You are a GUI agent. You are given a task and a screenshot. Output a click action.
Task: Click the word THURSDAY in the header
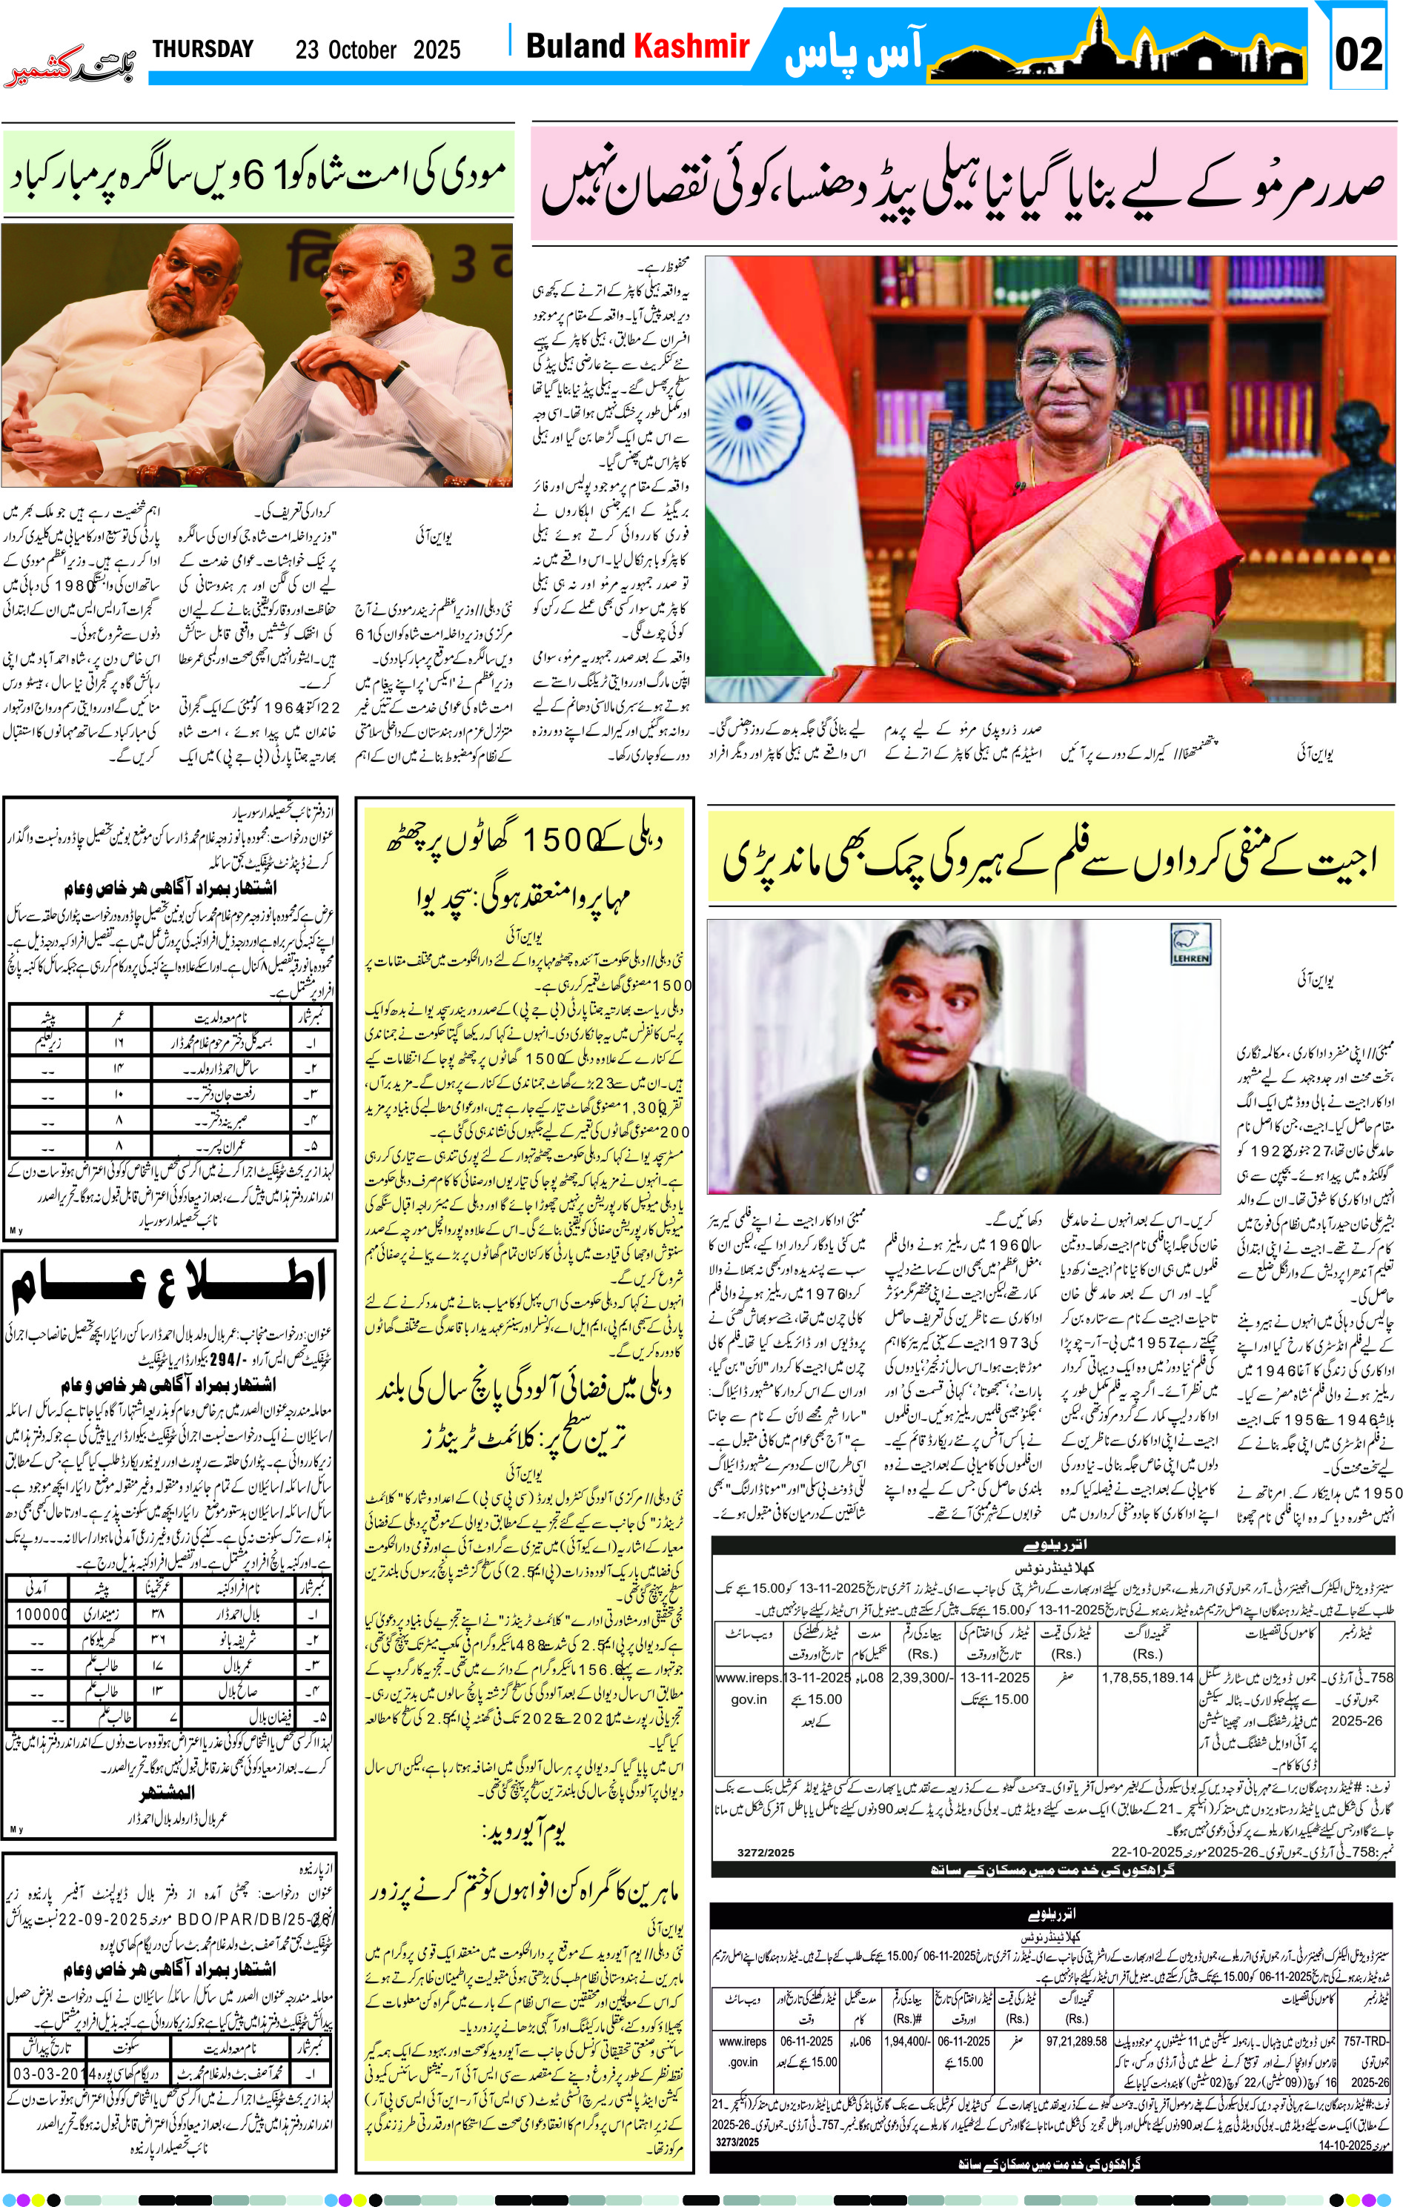(x=202, y=50)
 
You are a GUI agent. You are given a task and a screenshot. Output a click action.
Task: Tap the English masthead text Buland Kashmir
(x=637, y=46)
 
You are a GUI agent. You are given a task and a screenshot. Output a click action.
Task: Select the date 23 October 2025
(x=377, y=50)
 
